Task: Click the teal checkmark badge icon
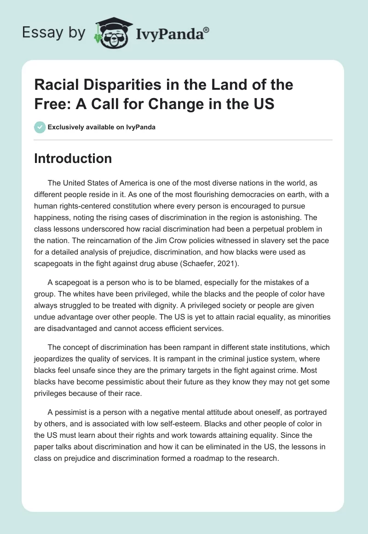pos(40,127)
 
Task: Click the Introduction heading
pos(73,158)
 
